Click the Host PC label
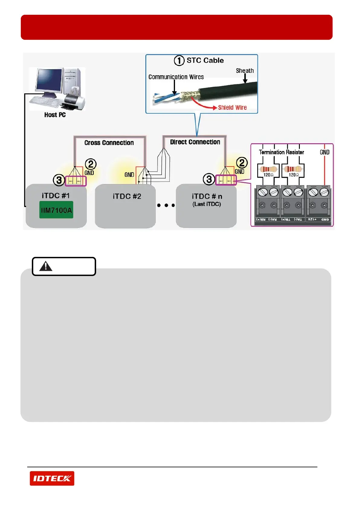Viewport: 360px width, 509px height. point(55,115)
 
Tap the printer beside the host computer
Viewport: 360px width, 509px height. point(74,101)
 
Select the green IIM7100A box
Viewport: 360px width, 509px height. point(56,210)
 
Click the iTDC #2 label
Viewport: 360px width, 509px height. point(127,196)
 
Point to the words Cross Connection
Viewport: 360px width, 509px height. point(109,143)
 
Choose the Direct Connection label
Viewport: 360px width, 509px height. point(195,142)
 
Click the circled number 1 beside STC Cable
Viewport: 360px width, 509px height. point(179,60)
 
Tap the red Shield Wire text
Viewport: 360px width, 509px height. point(232,108)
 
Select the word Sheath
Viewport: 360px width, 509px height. point(245,71)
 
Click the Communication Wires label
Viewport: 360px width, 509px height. point(176,77)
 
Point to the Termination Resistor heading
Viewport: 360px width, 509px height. point(281,152)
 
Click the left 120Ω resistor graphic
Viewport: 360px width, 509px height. point(268,169)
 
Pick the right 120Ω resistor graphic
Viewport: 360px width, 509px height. point(293,169)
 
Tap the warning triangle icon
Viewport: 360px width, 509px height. point(46,266)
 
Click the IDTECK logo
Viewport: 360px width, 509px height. point(52,478)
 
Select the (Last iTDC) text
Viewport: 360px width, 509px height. point(207,204)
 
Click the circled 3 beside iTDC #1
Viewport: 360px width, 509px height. point(59,180)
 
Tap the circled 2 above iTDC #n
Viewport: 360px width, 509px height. point(242,163)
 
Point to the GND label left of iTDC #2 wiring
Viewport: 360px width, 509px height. point(129,175)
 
